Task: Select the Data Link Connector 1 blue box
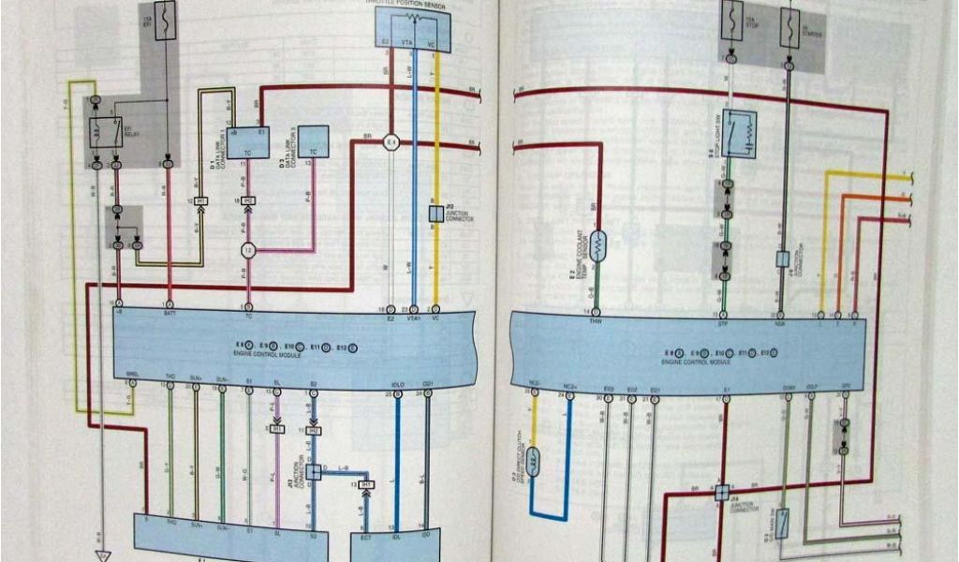point(248,141)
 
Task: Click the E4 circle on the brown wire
point(392,142)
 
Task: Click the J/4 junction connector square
point(722,491)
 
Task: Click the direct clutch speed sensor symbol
point(534,461)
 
